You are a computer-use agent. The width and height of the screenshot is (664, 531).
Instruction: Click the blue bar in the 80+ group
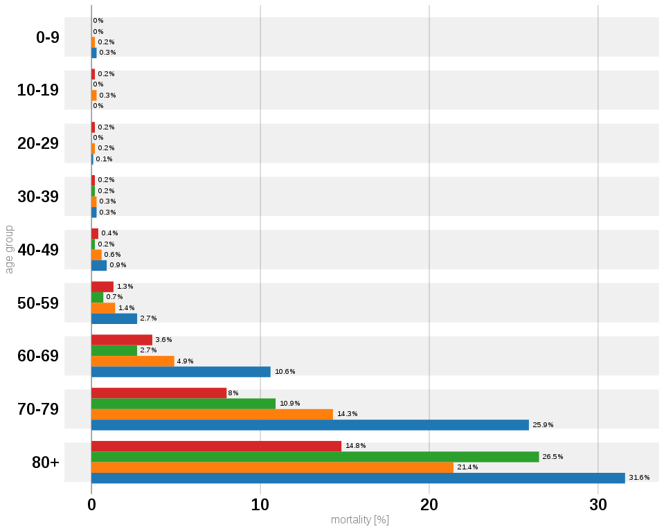tap(358, 478)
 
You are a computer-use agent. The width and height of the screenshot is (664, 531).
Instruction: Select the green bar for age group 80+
tap(315, 457)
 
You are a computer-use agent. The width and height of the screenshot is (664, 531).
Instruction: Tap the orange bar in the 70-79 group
tap(212, 414)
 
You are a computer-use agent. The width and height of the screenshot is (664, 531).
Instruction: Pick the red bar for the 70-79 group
tap(159, 393)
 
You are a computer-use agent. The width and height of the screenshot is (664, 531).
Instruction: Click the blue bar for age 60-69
tap(181, 372)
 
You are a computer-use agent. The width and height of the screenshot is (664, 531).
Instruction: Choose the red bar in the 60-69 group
tap(122, 340)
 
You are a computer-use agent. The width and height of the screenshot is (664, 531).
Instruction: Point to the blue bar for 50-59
tap(114, 318)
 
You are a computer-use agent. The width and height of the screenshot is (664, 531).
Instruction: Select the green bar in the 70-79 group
tap(183, 404)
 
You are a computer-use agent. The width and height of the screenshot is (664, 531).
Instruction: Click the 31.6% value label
tap(639, 478)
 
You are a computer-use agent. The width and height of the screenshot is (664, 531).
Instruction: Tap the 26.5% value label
tap(553, 457)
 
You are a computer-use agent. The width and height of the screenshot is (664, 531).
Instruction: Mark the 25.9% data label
tap(543, 425)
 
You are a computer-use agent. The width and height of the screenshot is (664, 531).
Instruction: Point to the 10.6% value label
tap(285, 372)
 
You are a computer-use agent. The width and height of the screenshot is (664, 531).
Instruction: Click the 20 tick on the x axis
tap(429, 505)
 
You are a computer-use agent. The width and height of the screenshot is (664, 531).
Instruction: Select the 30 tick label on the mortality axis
tap(598, 505)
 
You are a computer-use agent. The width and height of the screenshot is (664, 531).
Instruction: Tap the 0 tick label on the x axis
tap(91, 505)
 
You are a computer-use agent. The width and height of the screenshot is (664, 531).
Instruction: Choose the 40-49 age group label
tap(38, 250)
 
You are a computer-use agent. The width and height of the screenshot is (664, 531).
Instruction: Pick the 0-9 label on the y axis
tap(47, 37)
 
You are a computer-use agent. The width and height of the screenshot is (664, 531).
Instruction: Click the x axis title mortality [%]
tap(360, 520)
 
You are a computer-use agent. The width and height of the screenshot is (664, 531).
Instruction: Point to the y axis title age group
tap(9, 249)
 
